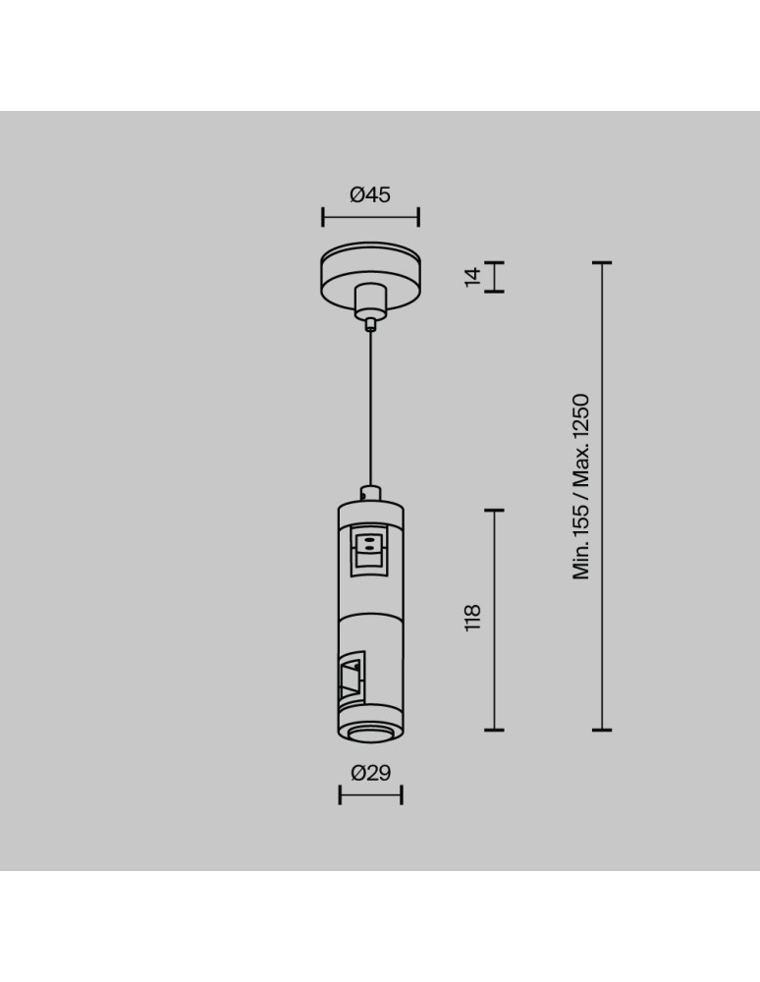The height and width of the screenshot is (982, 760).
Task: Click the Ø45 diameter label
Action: click(x=370, y=194)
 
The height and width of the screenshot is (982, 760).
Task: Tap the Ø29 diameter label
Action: click(x=370, y=773)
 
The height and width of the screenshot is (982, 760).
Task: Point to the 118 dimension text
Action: click(x=473, y=618)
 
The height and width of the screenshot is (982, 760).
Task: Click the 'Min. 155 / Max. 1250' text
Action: click(x=581, y=487)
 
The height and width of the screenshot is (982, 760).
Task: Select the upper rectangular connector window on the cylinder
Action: click(x=369, y=546)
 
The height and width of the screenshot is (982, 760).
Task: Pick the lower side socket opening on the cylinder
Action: click(x=351, y=678)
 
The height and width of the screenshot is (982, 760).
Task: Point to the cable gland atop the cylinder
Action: click(x=370, y=493)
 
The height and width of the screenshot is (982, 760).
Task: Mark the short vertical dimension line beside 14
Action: click(x=494, y=277)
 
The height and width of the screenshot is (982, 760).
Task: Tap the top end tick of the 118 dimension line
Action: click(x=494, y=511)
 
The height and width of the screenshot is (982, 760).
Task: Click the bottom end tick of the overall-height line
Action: click(x=602, y=730)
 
